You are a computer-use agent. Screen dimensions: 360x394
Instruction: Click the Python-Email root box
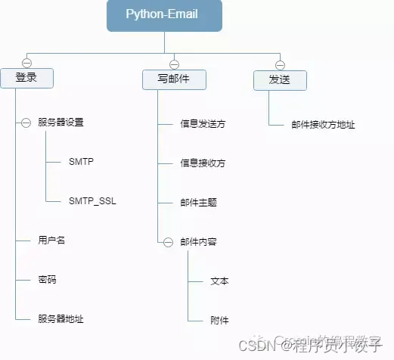(x=164, y=15)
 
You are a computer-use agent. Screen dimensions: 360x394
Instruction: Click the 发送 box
(x=280, y=79)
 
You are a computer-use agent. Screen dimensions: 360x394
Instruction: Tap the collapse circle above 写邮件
(x=174, y=64)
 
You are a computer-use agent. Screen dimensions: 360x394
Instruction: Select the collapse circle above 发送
(x=280, y=64)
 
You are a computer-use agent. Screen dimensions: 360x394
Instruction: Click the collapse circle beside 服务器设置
(x=26, y=123)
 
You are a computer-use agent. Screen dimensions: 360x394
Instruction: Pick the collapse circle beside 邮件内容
(x=168, y=242)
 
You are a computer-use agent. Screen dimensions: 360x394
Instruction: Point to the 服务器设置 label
(x=60, y=123)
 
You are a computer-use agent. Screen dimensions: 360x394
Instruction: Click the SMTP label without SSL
(x=82, y=162)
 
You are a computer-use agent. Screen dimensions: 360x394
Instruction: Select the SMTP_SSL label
(x=92, y=202)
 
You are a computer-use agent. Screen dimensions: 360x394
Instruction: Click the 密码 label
(x=47, y=280)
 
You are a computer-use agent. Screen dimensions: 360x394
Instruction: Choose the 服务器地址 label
(x=60, y=319)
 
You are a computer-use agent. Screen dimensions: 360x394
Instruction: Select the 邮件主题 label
(x=198, y=203)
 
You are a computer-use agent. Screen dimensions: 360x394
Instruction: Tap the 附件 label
(x=219, y=320)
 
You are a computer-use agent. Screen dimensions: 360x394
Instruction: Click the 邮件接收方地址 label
(x=323, y=125)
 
